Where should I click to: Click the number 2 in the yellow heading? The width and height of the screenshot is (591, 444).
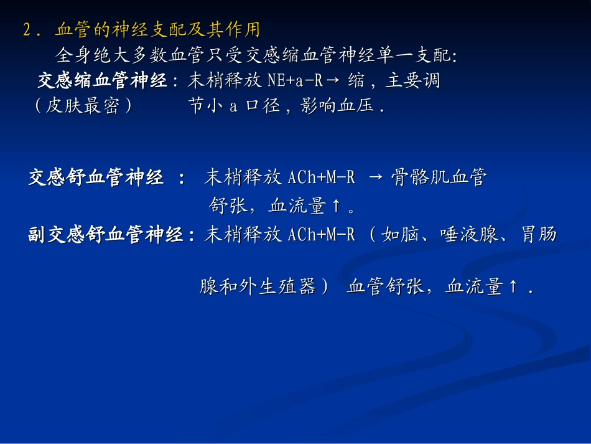[27, 30]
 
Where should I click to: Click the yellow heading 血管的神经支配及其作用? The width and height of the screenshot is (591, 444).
[157, 29]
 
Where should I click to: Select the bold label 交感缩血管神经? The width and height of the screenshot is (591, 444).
[103, 81]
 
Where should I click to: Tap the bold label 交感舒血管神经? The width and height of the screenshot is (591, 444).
[96, 178]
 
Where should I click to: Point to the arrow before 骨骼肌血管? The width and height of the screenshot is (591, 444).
[376, 178]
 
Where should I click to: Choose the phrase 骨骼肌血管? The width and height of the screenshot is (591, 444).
[439, 178]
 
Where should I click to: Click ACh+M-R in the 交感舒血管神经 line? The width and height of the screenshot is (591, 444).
[322, 178]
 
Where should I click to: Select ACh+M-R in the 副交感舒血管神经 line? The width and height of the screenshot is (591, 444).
[322, 235]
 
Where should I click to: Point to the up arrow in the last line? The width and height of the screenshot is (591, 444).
[513, 287]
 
